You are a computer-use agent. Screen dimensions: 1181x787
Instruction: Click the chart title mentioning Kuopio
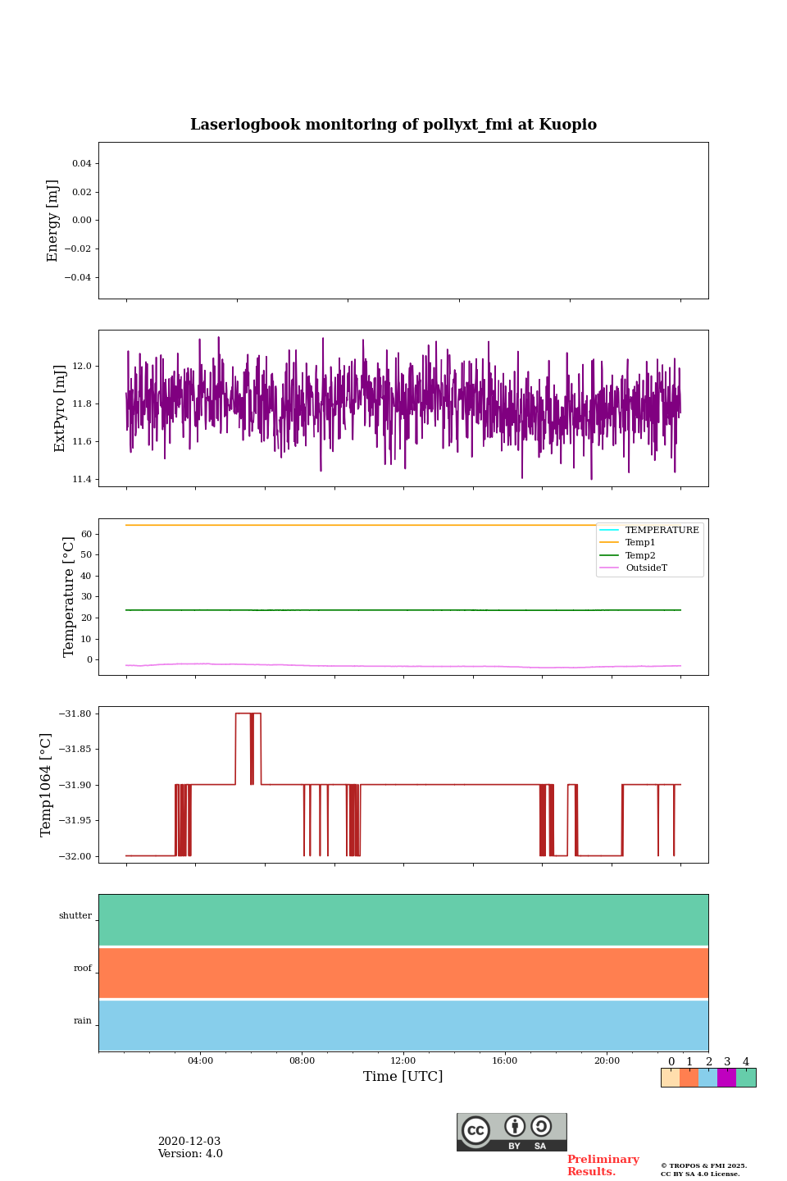point(393,125)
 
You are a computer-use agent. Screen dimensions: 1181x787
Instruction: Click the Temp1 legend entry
point(639,543)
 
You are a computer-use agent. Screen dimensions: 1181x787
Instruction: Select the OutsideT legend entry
point(645,568)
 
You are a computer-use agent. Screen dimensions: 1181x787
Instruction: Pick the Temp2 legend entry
point(639,555)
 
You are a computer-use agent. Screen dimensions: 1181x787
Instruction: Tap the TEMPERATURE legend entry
point(661,530)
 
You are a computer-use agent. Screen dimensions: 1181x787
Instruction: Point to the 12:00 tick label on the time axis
point(403,1060)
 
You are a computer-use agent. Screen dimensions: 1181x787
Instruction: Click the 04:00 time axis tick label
point(200,1060)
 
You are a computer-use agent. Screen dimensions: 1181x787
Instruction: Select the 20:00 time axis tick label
point(607,1060)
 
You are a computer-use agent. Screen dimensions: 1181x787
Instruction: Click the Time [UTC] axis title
point(403,1076)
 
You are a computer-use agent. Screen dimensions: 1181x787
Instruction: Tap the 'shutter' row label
point(75,916)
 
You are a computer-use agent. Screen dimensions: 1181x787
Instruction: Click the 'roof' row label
point(83,969)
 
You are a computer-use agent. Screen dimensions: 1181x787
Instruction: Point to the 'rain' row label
point(83,1021)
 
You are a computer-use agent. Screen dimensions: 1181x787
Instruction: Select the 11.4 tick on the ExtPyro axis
point(81,479)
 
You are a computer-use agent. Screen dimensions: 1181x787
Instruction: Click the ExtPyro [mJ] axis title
point(59,408)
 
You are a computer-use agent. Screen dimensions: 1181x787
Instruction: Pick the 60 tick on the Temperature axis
point(86,534)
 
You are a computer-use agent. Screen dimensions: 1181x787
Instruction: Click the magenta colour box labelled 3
point(726,1078)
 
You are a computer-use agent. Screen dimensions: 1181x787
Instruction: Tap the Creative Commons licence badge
point(512,1132)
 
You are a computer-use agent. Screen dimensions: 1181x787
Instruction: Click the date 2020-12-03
point(189,1142)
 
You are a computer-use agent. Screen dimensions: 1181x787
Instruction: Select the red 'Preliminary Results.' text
point(603,1165)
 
